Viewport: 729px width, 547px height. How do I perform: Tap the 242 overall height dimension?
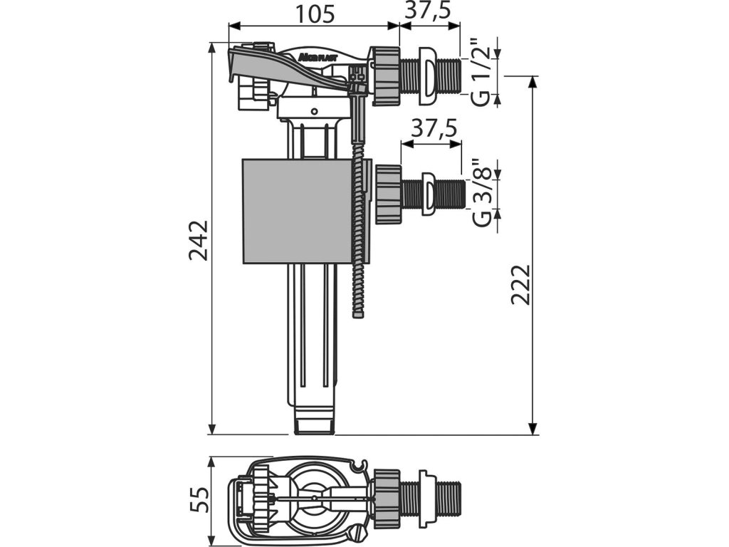coord(199,240)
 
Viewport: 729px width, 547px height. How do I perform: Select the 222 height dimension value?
coord(520,284)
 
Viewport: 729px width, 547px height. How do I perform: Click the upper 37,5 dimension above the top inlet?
coord(430,11)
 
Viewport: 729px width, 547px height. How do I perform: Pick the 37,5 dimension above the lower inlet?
coord(432,128)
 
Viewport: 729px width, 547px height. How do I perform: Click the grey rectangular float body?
coord(298,211)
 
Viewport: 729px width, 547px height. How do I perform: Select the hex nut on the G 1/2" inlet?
coord(384,75)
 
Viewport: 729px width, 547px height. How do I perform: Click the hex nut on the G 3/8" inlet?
coord(388,193)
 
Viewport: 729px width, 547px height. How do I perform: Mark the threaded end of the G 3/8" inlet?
coord(450,193)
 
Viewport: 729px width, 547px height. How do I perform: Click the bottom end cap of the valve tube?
coord(313,424)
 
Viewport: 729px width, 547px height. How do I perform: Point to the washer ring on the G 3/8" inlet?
coord(429,193)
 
